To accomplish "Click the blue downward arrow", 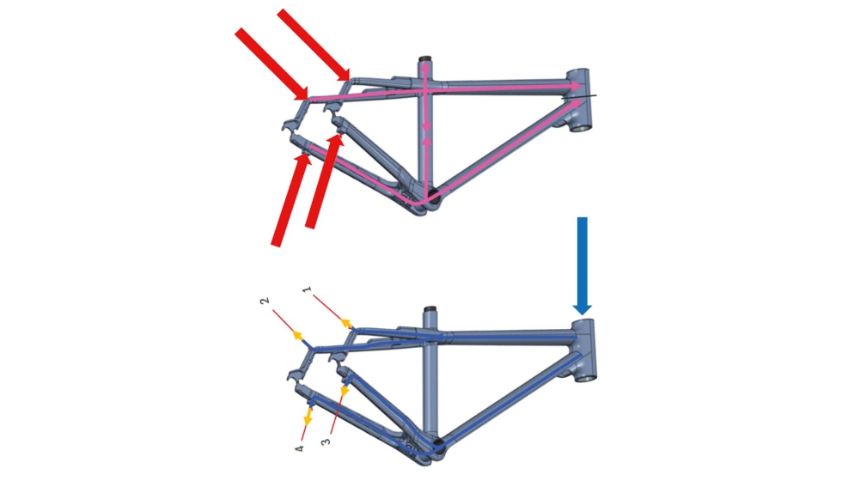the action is [x=583, y=265].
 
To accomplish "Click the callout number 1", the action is [x=307, y=290].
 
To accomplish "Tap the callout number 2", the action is [x=265, y=301].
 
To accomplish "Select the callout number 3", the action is [x=326, y=441].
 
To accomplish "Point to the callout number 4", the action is [x=299, y=448].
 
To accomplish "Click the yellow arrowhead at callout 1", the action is [x=346, y=323].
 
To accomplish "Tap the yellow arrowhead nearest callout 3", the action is [x=345, y=392].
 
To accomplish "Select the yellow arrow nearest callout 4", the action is [x=308, y=417].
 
